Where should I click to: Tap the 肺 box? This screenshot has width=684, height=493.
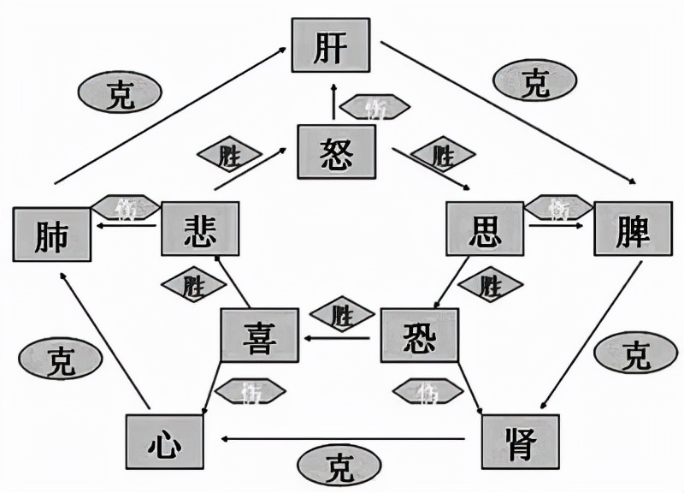[x=52, y=234]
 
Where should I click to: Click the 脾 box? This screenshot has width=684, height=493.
[x=633, y=230]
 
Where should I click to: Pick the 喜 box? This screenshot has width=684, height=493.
[x=259, y=336]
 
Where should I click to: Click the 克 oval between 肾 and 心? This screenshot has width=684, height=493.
[x=339, y=466]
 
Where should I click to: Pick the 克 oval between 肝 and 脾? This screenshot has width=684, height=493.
[x=535, y=82]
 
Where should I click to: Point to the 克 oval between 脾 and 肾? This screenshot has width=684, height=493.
[x=635, y=353]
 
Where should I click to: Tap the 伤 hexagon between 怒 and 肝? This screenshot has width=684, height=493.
[x=373, y=107]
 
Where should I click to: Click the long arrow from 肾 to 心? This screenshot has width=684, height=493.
[x=342, y=439]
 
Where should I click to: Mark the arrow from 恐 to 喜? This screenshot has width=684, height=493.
[x=338, y=338]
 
